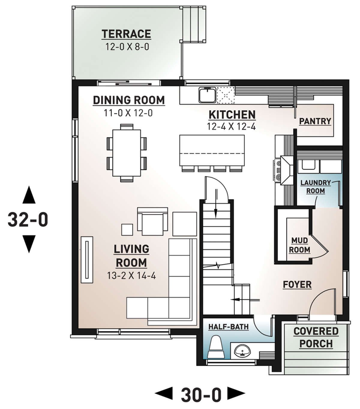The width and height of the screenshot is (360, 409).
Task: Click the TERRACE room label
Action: [126, 34]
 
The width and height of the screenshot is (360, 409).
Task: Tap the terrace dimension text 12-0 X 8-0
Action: [127, 47]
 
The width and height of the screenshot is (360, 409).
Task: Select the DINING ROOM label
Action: [129, 100]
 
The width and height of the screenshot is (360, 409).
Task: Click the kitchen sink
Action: [207, 94]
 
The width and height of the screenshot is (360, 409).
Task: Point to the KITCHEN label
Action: [232, 115]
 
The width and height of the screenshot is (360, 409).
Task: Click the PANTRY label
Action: [315, 121]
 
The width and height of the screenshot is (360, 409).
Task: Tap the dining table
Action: [127, 153]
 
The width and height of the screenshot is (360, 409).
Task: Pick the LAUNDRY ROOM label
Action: [316, 187]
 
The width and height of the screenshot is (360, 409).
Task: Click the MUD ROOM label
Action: [299, 245]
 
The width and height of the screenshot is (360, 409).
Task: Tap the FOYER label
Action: [297, 285]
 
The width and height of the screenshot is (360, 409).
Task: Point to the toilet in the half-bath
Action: [216, 347]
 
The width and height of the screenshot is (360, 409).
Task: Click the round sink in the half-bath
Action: [242, 351]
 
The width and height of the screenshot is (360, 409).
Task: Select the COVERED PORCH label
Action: [316, 337]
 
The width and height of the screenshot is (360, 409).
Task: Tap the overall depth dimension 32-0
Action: [28, 219]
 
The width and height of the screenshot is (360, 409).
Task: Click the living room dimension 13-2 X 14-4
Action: [131, 276]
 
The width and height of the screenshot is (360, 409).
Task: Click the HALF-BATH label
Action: [229, 327]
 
